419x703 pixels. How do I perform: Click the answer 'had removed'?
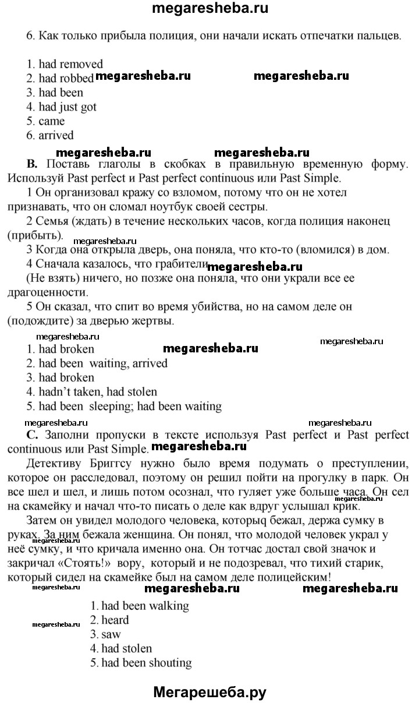pyautogui.click(x=70, y=64)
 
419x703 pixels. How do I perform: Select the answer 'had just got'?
pyautogui.click(x=68, y=107)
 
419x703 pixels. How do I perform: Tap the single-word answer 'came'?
pyautogui.click(x=52, y=121)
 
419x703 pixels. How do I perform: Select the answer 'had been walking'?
pyautogui.click(x=145, y=606)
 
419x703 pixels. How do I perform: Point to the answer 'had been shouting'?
pyautogui.click(x=146, y=662)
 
